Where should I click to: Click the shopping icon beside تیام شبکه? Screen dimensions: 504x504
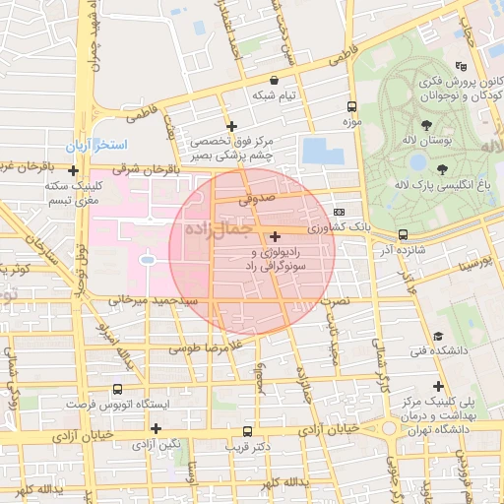pyautogui.click(x=274, y=80)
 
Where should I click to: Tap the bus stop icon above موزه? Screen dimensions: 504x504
pyautogui.click(x=351, y=105)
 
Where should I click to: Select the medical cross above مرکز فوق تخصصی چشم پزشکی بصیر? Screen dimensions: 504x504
pyautogui.click(x=231, y=126)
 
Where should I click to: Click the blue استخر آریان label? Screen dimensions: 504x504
pyautogui.click(x=93, y=145)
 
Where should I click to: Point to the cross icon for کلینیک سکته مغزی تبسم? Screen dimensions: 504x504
pyautogui.click(x=73, y=170)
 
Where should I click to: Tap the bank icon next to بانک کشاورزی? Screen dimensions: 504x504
pyautogui.click(x=340, y=211)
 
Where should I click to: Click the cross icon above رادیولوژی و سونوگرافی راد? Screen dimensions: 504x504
pyautogui.click(x=274, y=236)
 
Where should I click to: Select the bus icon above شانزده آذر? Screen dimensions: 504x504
pyautogui.click(x=403, y=234)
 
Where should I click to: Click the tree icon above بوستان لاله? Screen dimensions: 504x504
pyautogui.click(x=426, y=125)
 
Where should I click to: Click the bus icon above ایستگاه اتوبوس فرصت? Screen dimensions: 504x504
pyautogui.click(x=118, y=390)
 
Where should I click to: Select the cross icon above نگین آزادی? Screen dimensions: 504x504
pyautogui.click(x=156, y=428)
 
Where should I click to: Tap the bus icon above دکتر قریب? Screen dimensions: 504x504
pyautogui.click(x=247, y=431)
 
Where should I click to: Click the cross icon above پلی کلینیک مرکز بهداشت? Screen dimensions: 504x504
pyautogui.click(x=438, y=387)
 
